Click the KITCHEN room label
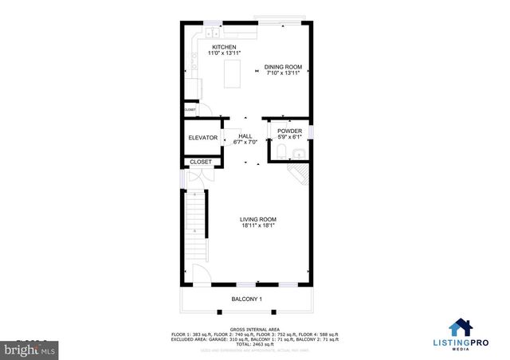[x=223, y=48]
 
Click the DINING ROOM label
[x=283, y=67]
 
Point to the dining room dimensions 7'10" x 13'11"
[x=283, y=73]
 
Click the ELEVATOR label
[x=202, y=138]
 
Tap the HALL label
[x=245, y=136]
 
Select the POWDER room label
[x=289, y=131]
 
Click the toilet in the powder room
[x=281, y=151]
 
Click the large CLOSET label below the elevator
[x=202, y=162]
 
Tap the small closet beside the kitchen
[x=190, y=110]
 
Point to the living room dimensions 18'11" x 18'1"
[x=259, y=225]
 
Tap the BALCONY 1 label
[x=247, y=299]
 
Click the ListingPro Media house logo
[x=460, y=327]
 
